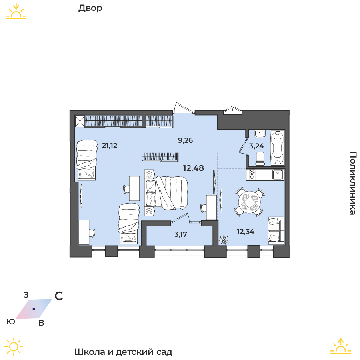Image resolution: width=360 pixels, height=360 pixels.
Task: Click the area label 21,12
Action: pyautogui.click(x=110, y=146)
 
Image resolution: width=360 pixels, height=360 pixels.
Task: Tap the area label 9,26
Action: pyautogui.click(x=185, y=140)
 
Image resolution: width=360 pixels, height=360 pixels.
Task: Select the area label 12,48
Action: pyautogui.click(x=193, y=168)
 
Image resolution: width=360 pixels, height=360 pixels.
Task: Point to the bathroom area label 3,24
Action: pyautogui.click(x=256, y=146)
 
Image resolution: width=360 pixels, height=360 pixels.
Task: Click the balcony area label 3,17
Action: pyautogui.click(x=181, y=234)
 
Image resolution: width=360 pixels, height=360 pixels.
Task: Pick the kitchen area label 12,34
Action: pyautogui.click(x=246, y=232)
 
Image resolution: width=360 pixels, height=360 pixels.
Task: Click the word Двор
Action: pyautogui.click(x=90, y=8)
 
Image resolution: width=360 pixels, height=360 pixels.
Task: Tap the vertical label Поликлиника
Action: pyautogui.click(x=353, y=183)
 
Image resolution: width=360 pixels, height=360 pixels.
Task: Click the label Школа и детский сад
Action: pyautogui.click(x=123, y=352)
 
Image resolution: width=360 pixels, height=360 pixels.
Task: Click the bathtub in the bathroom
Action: pyautogui.click(x=277, y=148)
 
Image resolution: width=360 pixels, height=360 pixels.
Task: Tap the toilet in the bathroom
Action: pyautogui.click(x=260, y=159)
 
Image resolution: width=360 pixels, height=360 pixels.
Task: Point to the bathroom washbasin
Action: pyautogui.click(x=260, y=134)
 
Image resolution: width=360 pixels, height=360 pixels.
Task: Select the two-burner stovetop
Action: pyautogui.click(x=252, y=175)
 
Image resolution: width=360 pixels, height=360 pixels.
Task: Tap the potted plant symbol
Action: pyautogui.click(x=223, y=240)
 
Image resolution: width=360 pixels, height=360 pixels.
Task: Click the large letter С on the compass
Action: pyautogui.click(x=59, y=296)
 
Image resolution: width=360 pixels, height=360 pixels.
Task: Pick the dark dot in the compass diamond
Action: pyautogui.click(x=34, y=309)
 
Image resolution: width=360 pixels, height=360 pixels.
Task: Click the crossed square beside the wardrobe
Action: pyautogui.click(x=80, y=121)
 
